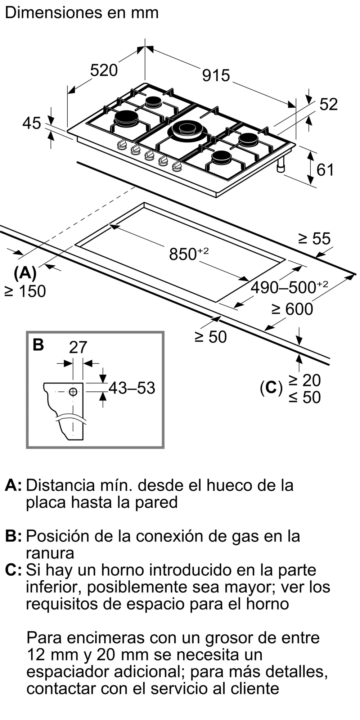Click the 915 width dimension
point(216,75)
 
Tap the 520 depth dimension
point(104,70)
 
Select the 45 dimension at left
point(32,123)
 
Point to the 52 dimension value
point(328,104)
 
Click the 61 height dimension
point(325,170)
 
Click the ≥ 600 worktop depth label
point(292,309)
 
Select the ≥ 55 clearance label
point(314,239)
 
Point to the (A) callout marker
point(25,273)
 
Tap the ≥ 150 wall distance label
point(25,291)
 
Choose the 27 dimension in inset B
point(78,347)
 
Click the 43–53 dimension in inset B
point(132,388)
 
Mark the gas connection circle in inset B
point(73,392)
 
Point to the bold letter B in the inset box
point(38,345)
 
